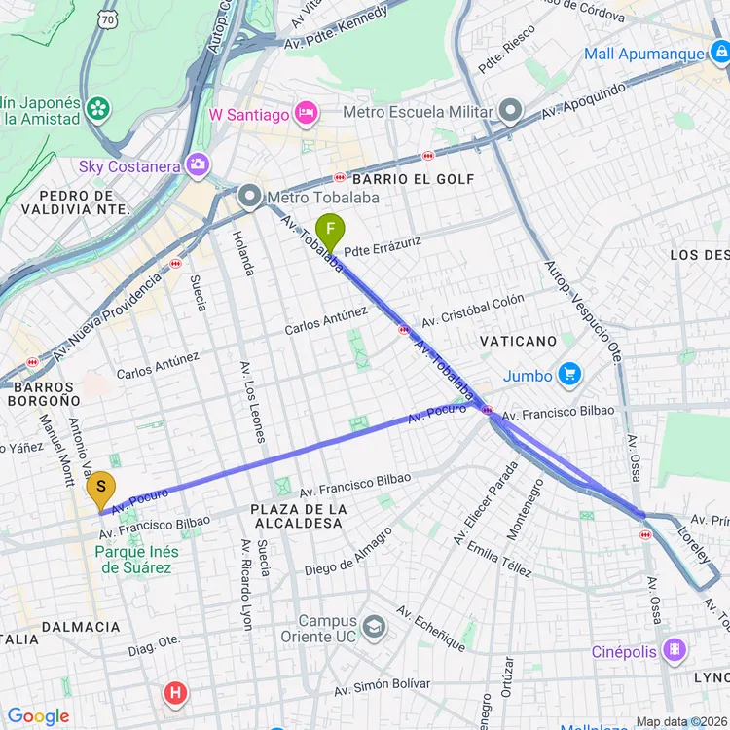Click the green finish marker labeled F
(x=331, y=232)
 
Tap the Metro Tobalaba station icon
(x=250, y=198)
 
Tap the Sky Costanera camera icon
(x=199, y=165)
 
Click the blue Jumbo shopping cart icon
(x=569, y=375)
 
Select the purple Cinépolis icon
(x=674, y=650)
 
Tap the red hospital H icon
(x=175, y=693)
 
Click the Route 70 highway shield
(x=107, y=18)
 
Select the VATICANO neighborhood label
(x=518, y=341)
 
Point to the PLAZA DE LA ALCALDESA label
(x=297, y=516)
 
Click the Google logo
(x=39, y=716)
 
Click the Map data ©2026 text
(x=681, y=721)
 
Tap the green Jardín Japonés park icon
(x=97, y=108)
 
